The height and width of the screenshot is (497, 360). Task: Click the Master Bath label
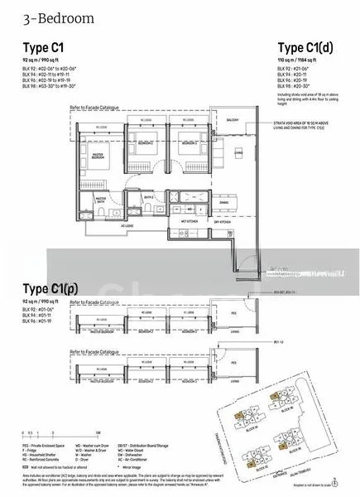coord(103,199)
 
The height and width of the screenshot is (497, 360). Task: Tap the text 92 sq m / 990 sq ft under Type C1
coord(42,60)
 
